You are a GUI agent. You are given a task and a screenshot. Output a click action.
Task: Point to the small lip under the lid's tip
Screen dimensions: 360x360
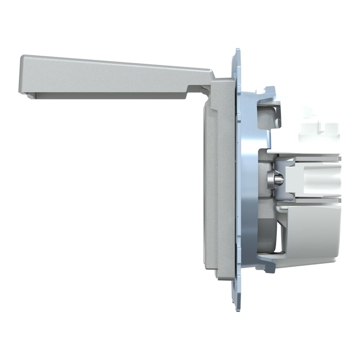click(x=31, y=95)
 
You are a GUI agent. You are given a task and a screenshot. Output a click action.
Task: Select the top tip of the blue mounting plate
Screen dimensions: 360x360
click(x=237, y=52)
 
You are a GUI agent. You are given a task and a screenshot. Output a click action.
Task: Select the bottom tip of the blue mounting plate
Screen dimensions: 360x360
click(x=238, y=306)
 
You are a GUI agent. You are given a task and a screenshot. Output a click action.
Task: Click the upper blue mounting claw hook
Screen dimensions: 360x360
click(x=270, y=91)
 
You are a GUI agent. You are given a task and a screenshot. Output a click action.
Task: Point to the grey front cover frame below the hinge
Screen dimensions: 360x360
click(x=222, y=180)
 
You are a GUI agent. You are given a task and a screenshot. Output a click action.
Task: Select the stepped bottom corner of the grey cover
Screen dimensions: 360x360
click(x=220, y=275)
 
